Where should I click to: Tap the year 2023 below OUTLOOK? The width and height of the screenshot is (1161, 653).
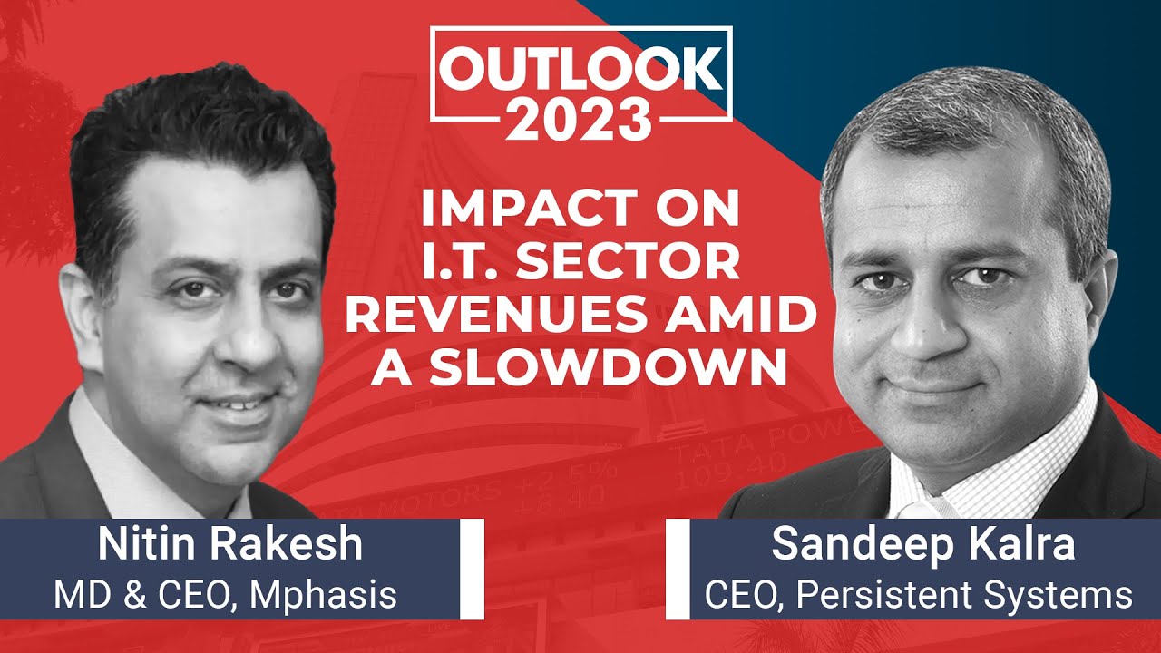[x=580, y=120]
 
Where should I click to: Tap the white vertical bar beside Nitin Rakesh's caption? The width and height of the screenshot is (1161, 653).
[x=471, y=568]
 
